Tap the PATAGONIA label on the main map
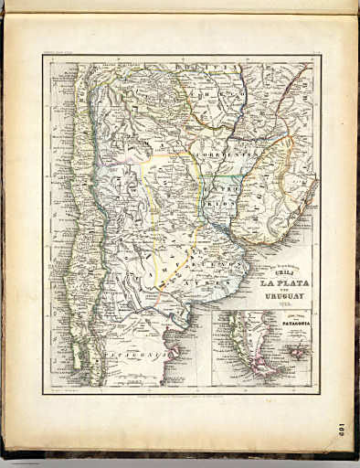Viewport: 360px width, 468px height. tap(137, 353)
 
